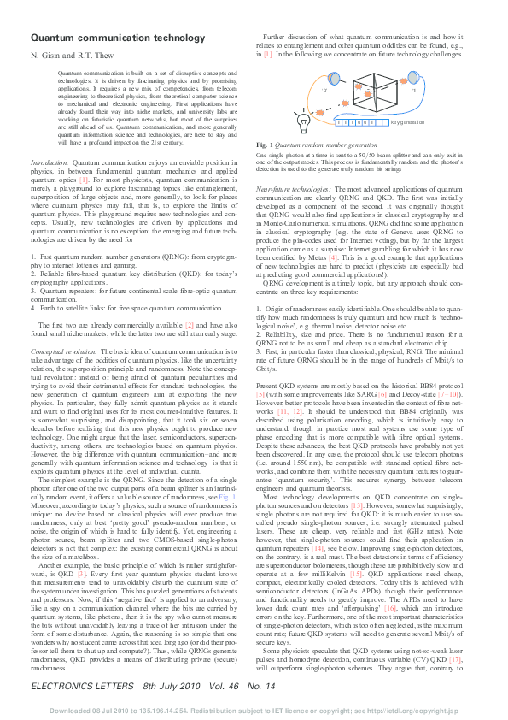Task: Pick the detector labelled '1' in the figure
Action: coord(413,89)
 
